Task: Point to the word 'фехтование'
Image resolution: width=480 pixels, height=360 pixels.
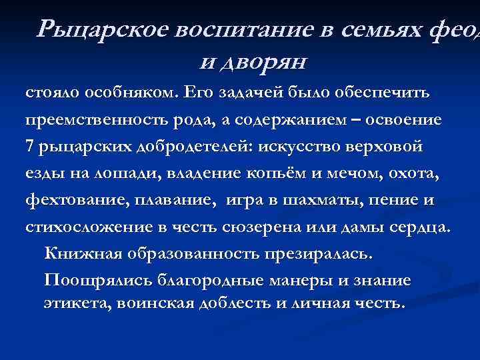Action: tap(74, 201)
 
